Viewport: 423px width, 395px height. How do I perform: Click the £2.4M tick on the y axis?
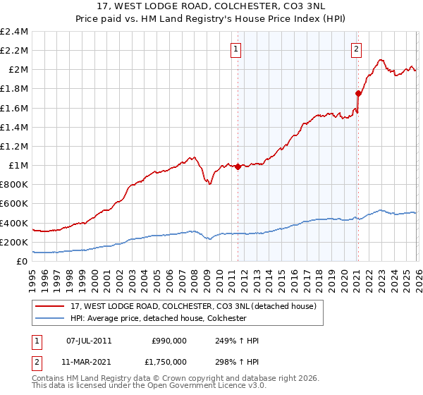pos(14,32)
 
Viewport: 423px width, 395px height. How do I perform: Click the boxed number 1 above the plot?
pos(235,49)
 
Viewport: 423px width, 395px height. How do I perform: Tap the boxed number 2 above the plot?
pos(357,49)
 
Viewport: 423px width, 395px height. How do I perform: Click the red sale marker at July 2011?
pos(238,167)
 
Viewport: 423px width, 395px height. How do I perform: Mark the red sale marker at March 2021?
pos(358,93)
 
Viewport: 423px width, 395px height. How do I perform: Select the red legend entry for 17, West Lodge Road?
pos(197,306)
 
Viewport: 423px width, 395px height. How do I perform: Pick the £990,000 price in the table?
pos(168,341)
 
